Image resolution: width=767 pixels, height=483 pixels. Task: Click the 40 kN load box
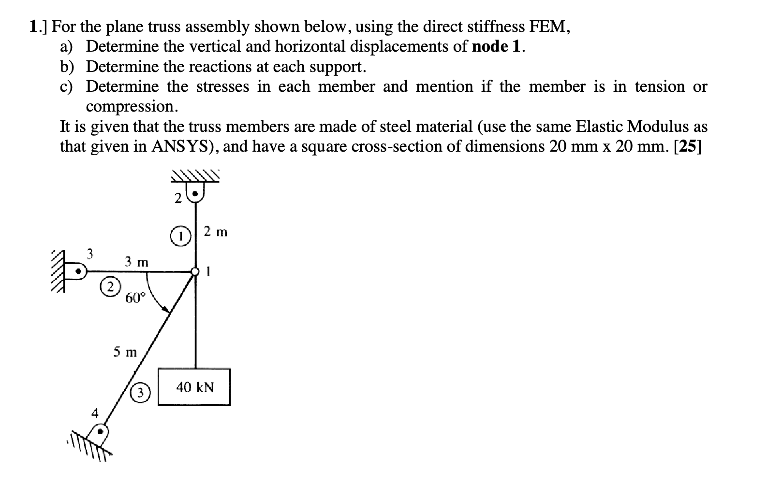(x=194, y=387)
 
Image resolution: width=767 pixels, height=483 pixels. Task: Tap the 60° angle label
(x=135, y=298)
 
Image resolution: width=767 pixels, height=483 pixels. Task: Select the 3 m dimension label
(x=136, y=262)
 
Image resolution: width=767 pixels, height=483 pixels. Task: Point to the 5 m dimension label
(x=125, y=352)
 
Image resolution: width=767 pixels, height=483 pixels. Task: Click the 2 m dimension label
(x=215, y=232)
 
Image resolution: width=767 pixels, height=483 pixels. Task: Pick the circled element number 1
(x=180, y=237)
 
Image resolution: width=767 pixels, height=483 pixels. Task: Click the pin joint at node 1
(x=195, y=272)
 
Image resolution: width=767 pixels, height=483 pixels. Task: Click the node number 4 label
(x=95, y=413)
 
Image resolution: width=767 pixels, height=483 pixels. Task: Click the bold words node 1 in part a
(x=498, y=46)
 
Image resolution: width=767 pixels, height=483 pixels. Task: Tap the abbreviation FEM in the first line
(x=548, y=27)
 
